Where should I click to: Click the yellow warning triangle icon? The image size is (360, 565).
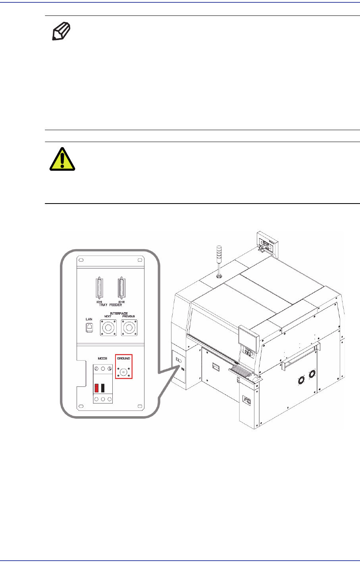coord(62,159)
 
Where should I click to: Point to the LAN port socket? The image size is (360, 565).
coord(90,328)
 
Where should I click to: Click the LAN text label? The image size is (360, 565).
coord(89,319)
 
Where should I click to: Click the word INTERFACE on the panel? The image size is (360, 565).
coord(118,313)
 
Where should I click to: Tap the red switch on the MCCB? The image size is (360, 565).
coord(96,388)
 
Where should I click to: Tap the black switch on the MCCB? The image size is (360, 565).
coord(103,388)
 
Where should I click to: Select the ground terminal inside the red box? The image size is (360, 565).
coord(123,372)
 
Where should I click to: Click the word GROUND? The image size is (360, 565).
coord(123,358)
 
